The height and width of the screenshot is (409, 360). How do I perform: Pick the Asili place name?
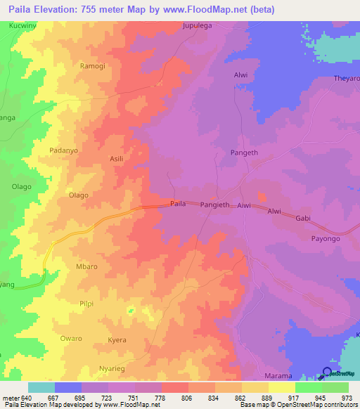(116, 160)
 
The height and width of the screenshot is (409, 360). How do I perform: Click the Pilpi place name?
(86, 303)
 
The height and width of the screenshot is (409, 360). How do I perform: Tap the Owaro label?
(71, 339)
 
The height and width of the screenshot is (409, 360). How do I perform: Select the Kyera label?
(117, 340)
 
